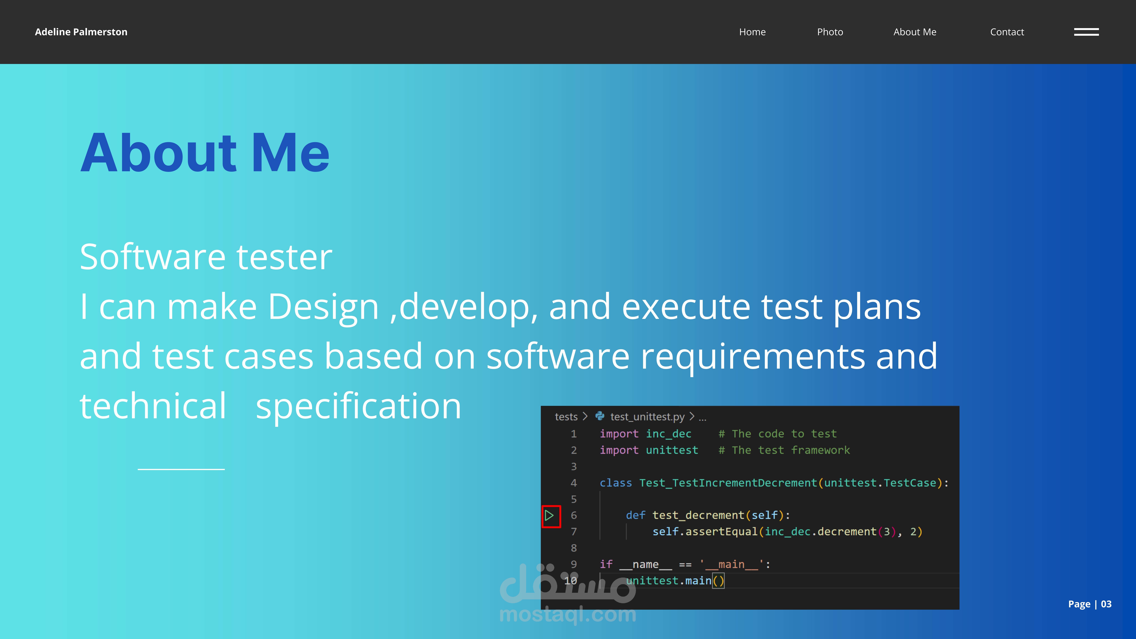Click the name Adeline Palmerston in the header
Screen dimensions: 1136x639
pos(81,32)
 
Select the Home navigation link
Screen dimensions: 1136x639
pos(752,32)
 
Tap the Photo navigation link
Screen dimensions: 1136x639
pos(830,32)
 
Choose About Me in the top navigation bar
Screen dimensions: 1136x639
pos(915,32)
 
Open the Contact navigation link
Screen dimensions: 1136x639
pos(1007,32)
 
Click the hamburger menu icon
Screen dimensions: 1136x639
pos(1086,32)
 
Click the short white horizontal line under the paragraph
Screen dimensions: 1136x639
pos(181,469)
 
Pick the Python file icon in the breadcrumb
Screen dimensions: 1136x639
pos(600,416)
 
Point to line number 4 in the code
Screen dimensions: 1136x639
pos(574,483)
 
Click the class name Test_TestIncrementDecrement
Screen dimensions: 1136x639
pos(728,483)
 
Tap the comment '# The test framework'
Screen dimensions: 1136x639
pos(784,450)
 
